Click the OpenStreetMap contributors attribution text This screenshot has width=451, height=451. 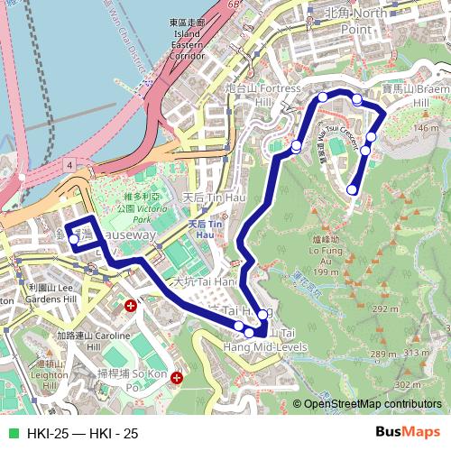(x=372, y=405)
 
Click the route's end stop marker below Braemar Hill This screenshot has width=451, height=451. (x=353, y=189)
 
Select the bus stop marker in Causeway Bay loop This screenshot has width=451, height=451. (x=74, y=240)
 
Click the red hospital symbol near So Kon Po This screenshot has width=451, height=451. (x=177, y=378)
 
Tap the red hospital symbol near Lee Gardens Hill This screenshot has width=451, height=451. (x=132, y=307)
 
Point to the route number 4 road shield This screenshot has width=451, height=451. (x=69, y=166)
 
